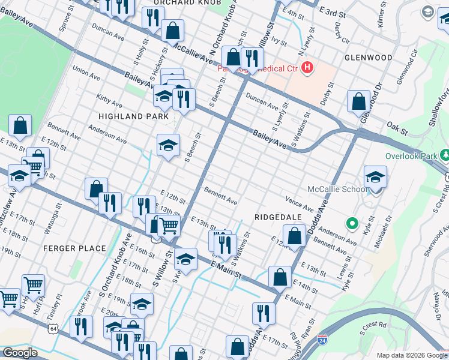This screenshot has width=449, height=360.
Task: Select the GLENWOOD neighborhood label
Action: point(369,58)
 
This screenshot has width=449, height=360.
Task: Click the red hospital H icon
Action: point(308,67)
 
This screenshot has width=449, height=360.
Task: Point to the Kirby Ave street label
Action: point(109,101)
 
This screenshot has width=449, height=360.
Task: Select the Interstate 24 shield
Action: point(322,340)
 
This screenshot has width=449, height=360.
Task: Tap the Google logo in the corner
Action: point(20,353)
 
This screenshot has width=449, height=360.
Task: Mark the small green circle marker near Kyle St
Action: point(352,224)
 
